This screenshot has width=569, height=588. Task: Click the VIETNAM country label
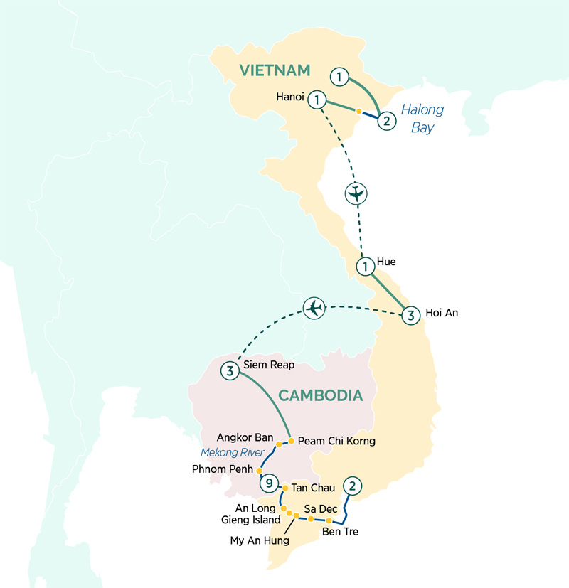[x=275, y=70]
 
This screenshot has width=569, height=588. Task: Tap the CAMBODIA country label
[x=321, y=395]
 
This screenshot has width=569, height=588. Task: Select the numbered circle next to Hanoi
[x=317, y=100]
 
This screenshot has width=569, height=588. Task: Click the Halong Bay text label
[x=422, y=119]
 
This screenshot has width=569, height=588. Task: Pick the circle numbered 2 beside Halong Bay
[x=385, y=120]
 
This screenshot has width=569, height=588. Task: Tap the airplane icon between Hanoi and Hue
[x=356, y=193]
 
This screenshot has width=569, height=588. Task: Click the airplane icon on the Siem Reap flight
[x=314, y=308]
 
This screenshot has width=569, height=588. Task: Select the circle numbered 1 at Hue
[x=365, y=267]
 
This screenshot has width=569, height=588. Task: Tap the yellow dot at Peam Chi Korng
[x=291, y=441]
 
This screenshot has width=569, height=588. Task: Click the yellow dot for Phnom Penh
[x=260, y=471]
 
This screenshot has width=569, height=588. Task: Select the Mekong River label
[x=231, y=453]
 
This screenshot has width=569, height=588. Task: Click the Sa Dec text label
[x=320, y=508]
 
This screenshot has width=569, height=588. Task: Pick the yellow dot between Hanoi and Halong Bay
[x=359, y=112]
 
